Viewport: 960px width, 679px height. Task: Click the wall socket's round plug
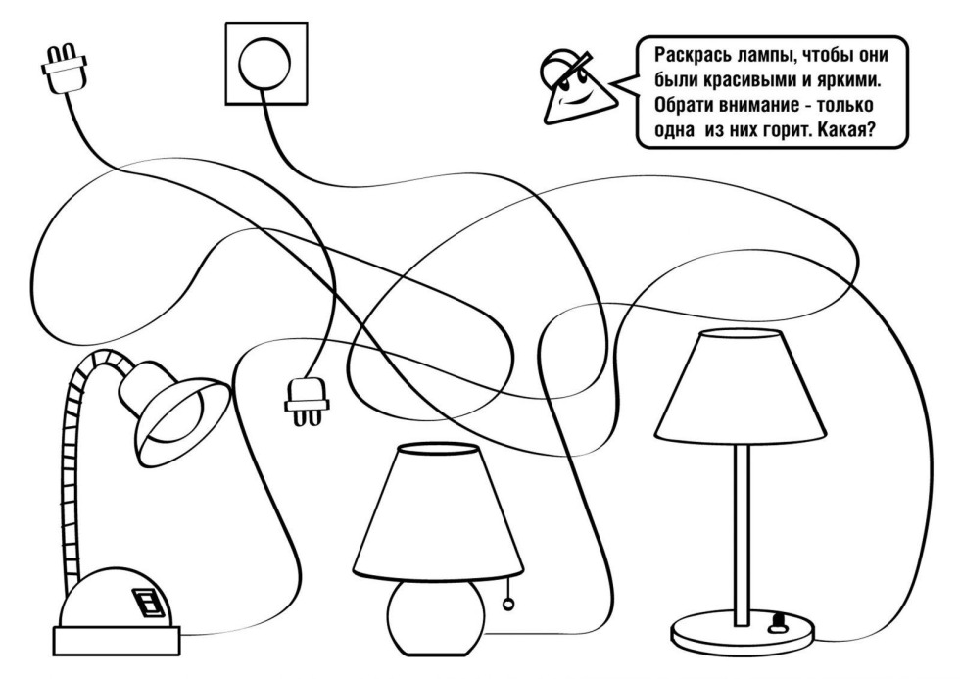click(x=265, y=64)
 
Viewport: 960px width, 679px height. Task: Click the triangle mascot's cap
click(x=561, y=66)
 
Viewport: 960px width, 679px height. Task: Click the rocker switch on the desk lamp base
click(x=148, y=602)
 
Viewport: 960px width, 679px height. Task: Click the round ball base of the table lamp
click(x=428, y=619)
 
